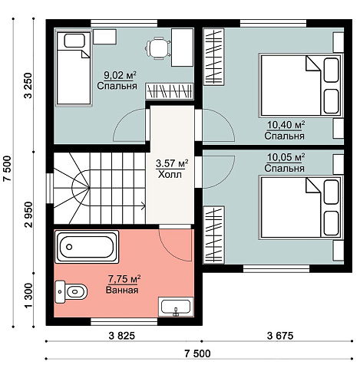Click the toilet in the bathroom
71,291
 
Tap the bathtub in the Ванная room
87,247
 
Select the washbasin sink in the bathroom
176,307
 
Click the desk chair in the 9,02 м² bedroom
157,48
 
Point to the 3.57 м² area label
172,163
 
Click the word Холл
170,175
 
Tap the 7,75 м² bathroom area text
124,279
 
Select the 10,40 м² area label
286,125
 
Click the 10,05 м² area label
286,157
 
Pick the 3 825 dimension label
122,336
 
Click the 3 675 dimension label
280,336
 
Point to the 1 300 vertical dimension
29,295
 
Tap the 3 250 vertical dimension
28,86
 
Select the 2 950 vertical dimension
28,215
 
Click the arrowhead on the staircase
144,205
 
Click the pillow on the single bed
74,41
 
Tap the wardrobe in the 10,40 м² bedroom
213,57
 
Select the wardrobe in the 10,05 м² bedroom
213,235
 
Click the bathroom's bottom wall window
124,321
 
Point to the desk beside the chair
182,48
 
